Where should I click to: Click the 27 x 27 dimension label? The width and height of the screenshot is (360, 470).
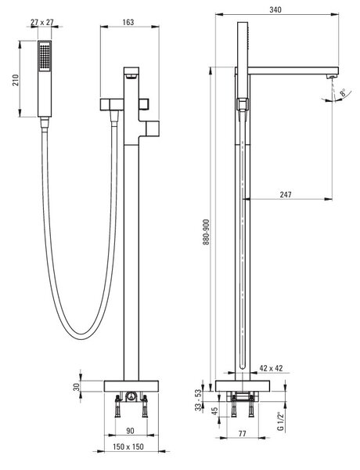[x=42, y=22]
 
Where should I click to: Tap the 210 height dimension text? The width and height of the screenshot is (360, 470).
[x=16, y=80]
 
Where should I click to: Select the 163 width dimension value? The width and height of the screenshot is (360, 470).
[x=128, y=22]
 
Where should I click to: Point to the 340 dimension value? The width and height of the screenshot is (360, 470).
[x=275, y=9]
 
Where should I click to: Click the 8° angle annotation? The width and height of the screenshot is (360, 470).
[x=342, y=92]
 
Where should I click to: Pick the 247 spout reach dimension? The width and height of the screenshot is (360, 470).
[x=286, y=194]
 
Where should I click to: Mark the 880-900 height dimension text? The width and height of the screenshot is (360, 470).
[x=206, y=233]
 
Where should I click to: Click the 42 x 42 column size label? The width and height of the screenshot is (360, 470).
[x=271, y=368]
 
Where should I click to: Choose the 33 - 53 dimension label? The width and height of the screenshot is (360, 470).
[x=206, y=401]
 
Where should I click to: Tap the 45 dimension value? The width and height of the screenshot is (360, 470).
[x=214, y=411]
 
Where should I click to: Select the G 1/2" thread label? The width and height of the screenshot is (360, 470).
[x=280, y=421]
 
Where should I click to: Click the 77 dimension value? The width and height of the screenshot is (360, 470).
[x=242, y=433]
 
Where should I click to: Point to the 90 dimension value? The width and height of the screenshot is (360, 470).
[x=130, y=431]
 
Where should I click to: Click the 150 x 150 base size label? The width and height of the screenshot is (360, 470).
[x=128, y=446]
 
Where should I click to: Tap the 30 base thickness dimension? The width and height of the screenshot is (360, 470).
[x=77, y=387]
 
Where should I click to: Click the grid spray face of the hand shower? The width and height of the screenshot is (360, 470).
[x=45, y=57]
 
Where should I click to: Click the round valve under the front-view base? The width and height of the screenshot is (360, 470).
[x=130, y=396]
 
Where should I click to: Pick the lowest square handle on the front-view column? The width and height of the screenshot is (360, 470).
[x=153, y=129]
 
